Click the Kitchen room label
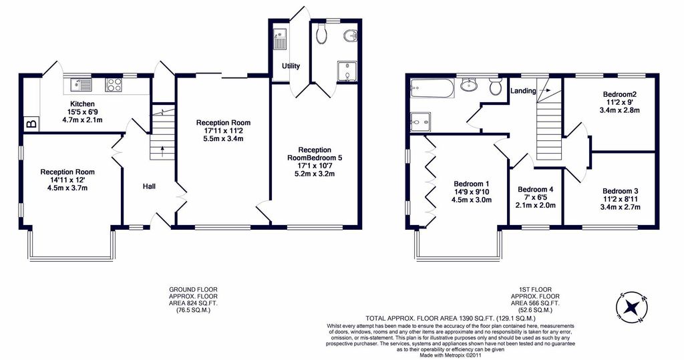[x=81, y=104]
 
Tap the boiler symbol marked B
[x=30, y=124]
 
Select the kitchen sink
[x=82, y=85]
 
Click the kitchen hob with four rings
[x=114, y=85]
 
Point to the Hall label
[x=149, y=186]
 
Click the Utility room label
[x=291, y=66]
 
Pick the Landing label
[x=524, y=91]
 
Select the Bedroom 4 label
[x=536, y=189]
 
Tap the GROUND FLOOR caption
[x=193, y=290]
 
